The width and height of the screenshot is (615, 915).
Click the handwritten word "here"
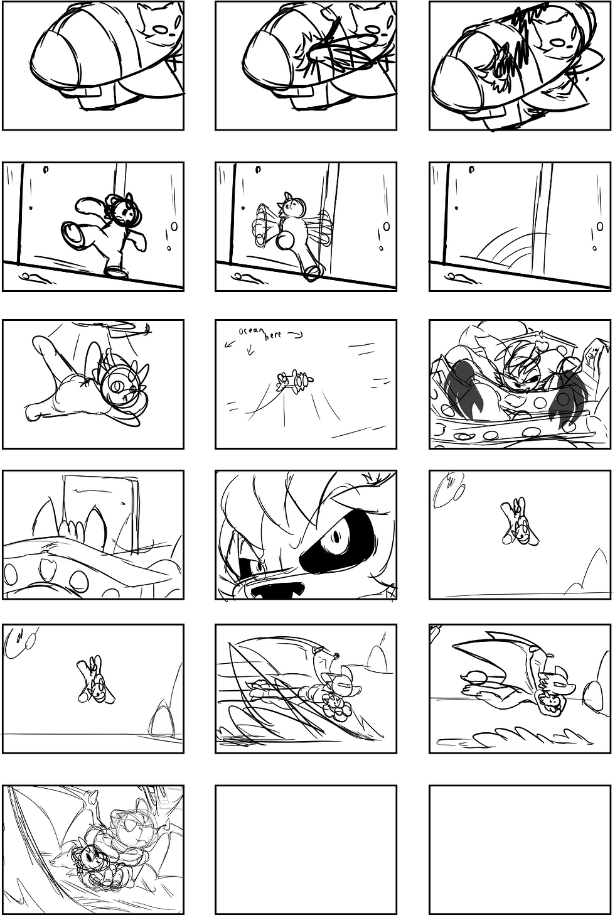[274, 337]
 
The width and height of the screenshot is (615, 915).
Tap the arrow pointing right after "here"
[295, 335]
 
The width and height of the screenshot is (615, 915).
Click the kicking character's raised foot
[72, 232]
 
